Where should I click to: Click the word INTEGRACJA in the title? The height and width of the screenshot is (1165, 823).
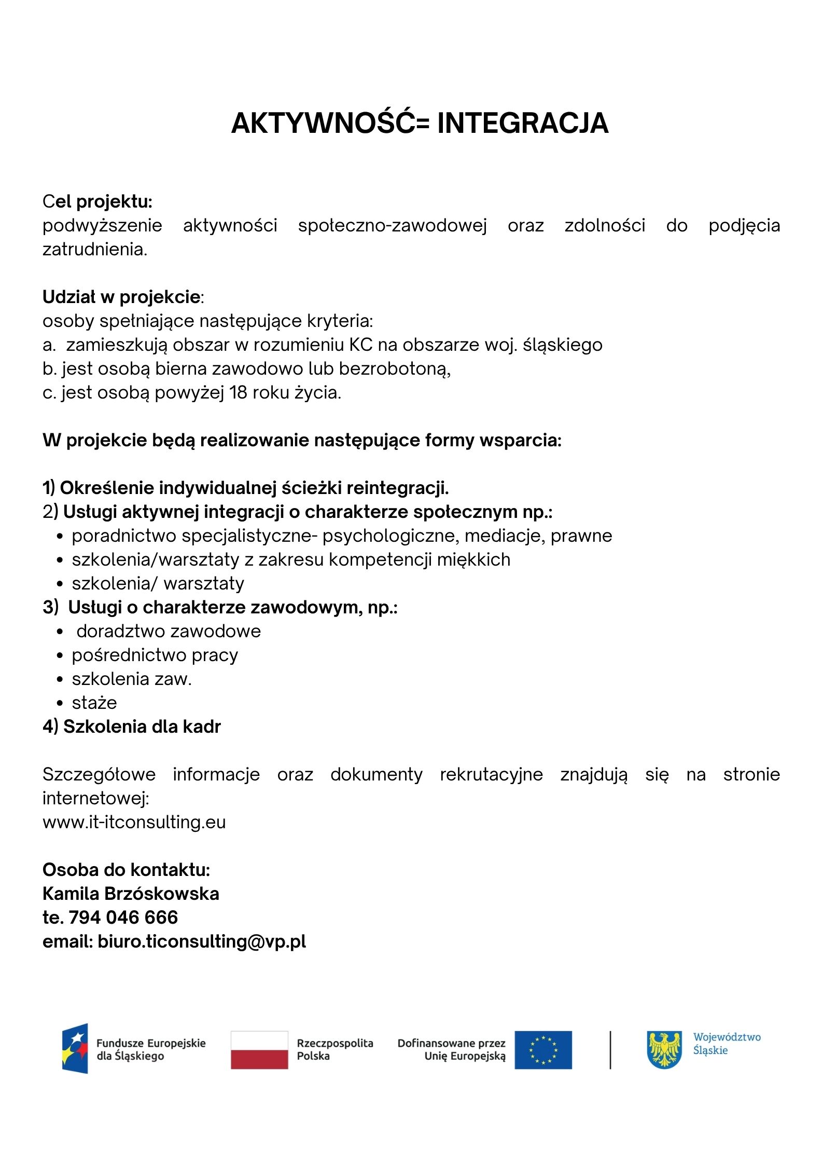pos(523,124)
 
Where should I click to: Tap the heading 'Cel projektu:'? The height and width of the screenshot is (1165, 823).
pos(97,201)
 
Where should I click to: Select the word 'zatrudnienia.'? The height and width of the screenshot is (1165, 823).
pos(95,250)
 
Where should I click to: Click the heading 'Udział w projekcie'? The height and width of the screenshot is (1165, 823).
pos(121,297)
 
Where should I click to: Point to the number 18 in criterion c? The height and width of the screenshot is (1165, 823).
pos(239,392)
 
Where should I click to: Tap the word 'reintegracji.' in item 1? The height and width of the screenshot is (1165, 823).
pos(398,488)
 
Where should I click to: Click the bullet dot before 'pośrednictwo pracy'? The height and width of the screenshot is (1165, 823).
pos(60,656)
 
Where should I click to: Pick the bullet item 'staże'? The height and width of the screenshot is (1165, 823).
pos(94,703)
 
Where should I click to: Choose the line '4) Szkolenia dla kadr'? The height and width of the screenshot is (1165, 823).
pos(132,727)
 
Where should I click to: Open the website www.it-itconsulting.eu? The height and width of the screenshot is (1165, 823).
pos(134,822)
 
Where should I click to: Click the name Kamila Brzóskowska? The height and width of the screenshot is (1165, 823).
pos(131,894)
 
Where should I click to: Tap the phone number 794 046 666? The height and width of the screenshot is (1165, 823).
pos(123,917)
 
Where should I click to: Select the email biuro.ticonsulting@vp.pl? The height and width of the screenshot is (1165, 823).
pos(202,941)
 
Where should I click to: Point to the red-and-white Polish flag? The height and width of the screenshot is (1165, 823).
pos(259,1049)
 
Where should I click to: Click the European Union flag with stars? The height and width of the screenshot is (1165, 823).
pos(543,1049)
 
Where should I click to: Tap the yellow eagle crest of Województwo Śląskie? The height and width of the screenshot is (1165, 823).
pos(664,1049)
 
